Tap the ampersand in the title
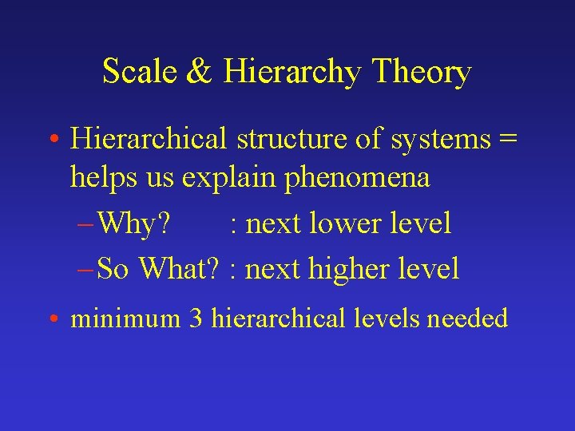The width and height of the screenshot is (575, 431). pyautogui.click(x=197, y=73)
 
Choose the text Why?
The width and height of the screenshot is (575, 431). pyautogui.click(x=136, y=224)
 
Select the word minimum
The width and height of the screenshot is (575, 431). pyautogui.click(x=125, y=319)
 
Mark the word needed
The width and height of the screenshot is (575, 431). pyautogui.click(x=468, y=319)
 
